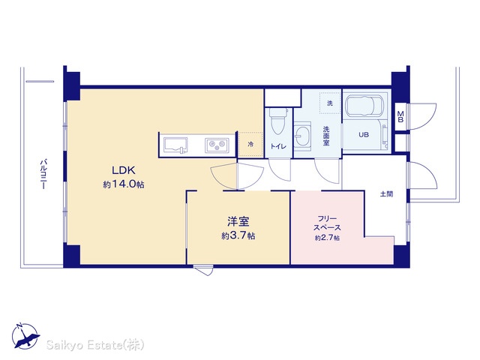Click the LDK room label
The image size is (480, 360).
point(123,170)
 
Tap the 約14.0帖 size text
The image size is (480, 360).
point(124,184)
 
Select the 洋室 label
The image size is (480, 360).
point(238,221)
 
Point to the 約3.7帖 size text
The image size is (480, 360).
point(238,236)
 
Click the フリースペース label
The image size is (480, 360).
point(327,223)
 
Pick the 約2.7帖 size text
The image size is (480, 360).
point(327,238)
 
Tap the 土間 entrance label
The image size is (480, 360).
point(387,194)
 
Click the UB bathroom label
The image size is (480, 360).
point(364,135)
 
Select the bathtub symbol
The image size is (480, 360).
point(364,106)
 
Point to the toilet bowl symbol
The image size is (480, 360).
point(278,121)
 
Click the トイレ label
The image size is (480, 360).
point(278,147)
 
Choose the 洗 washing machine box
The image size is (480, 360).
point(330,103)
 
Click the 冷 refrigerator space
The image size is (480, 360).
point(250,144)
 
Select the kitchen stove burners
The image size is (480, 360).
point(217,145)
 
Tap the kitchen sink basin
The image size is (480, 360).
point(175,145)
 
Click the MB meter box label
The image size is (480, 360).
point(400,117)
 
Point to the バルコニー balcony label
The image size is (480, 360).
point(43,173)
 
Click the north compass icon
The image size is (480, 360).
point(25,336)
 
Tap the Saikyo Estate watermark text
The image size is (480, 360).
point(95,345)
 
